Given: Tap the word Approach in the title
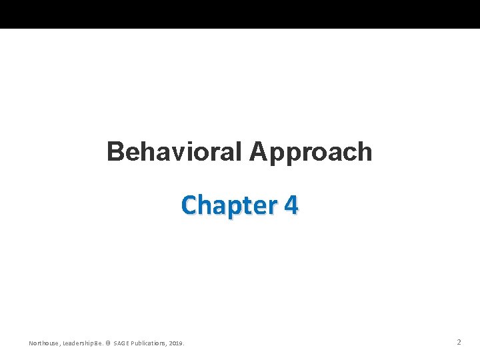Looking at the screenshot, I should pos(311,152).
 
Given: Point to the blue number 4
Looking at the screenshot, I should pos(291,205).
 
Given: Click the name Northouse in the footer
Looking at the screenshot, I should pos(43,343).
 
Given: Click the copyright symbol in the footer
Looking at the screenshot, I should pos(109,343).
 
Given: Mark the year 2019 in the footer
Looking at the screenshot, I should pos(177,343).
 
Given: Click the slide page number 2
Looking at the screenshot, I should pos(459,342).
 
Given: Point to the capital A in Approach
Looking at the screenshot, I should pos(259,152).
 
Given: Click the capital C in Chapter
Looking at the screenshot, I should pos(190,205).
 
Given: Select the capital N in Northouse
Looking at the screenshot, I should pos(31,343).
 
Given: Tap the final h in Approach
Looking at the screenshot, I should pos(365,152).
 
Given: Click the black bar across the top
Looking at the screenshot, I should pos(240,14).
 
